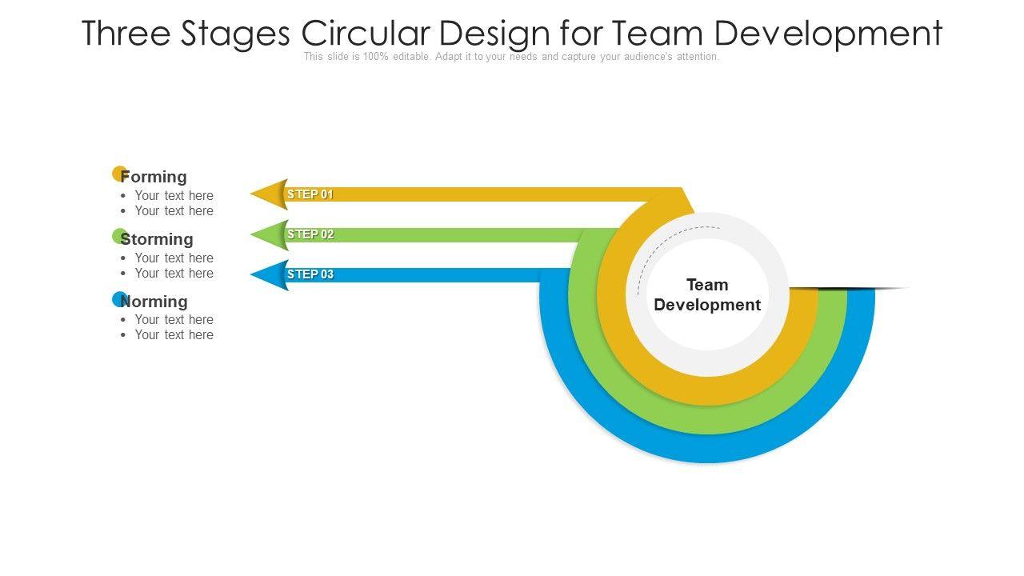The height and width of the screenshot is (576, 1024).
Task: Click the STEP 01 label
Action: pyautogui.click(x=310, y=194)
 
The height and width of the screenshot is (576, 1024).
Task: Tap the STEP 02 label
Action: pyautogui.click(x=310, y=234)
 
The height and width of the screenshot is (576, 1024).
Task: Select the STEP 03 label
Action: pyautogui.click(x=310, y=274)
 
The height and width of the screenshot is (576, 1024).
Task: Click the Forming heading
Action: pyautogui.click(x=154, y=177)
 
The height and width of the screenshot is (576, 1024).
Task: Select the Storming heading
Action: pyautogui.click(x=158, y=239)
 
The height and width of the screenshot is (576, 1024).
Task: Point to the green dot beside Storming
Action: pyautogui.click(x=118, y=235)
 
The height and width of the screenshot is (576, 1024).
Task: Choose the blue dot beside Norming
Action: pyautogui.click(x=118, y=298)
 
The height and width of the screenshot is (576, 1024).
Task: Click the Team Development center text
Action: pyautogui.click(x=707, y=294)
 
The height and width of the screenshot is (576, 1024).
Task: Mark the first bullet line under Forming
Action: pyautogui.click(x=174, y=195)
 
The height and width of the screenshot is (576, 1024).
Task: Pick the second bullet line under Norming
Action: pyautogui.click(x=174, y=334)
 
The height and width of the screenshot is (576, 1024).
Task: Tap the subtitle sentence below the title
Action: pyautogui.click(x=512, y=57)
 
